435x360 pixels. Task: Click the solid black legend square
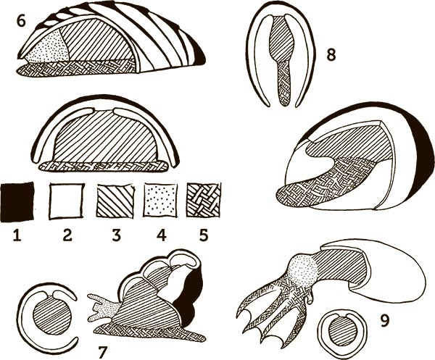coord(17,202)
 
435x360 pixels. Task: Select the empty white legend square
coord(67,201)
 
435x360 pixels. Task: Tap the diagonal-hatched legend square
coord(115,201)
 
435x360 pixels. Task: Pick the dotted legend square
coord(161,201)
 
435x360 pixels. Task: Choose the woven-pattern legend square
coord(204,200)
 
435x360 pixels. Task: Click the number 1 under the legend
coord(17,235)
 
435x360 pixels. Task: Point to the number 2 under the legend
coord(67,235)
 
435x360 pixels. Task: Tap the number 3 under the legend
coord(116,235)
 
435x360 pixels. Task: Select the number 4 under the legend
coord(161,235)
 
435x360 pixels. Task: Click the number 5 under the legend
coord(204,235)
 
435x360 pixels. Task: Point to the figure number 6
coord(21,21)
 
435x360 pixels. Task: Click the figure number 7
coord(103,352)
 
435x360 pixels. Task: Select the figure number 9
coord(385,320)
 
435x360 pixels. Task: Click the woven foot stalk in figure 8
coord(285,83)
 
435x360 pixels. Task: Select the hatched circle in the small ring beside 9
coord(339,332)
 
